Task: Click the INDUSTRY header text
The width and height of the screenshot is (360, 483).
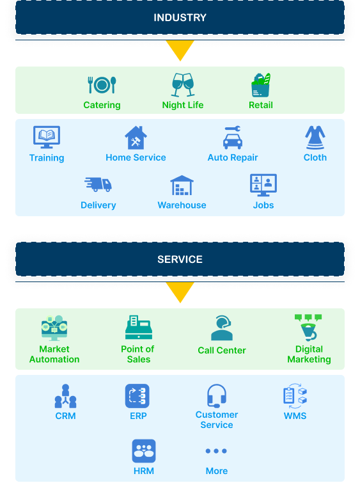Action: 180,17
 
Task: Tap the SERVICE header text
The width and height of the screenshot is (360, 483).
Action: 180,259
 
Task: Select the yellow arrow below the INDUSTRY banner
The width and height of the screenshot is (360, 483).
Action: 180,50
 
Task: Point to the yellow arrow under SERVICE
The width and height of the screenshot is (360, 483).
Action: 180,292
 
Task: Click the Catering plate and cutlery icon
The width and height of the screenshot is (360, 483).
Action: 102,84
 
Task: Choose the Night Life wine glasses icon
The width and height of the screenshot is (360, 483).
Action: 183,84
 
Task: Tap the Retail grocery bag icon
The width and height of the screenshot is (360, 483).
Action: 261,85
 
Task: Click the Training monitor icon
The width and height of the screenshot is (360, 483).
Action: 47,137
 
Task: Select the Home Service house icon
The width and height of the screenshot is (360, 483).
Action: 136,138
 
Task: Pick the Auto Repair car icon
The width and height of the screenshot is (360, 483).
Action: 233,138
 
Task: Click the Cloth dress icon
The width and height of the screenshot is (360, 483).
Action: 315,138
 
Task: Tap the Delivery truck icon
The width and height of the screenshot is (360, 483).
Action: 98,184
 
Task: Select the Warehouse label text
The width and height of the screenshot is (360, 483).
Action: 182,205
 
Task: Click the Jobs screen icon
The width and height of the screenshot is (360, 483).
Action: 263,185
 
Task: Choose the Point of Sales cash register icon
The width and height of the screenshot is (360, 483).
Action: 139,328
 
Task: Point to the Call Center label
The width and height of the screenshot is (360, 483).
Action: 222,350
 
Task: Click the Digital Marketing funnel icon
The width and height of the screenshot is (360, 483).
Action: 309,327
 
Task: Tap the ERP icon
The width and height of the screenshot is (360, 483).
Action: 137,396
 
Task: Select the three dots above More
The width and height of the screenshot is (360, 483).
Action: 216,451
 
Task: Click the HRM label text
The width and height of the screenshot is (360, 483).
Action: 144,471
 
